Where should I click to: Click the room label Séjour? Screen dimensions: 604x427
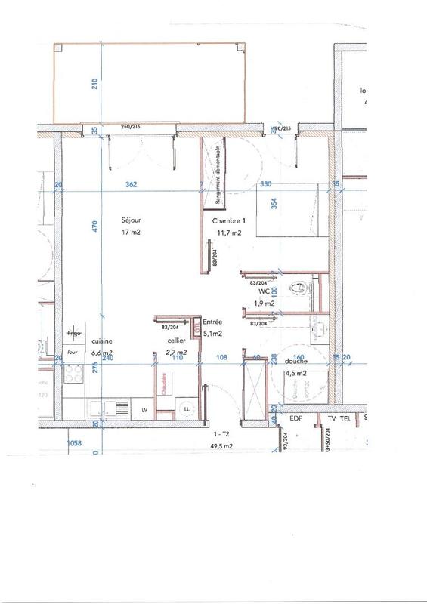[131, 220]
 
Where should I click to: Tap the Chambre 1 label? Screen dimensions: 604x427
[229, 220]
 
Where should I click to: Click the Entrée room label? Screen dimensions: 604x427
[212, 321]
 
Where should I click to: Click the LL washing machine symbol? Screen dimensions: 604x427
[185, 408]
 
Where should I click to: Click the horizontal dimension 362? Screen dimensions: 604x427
[133, 183]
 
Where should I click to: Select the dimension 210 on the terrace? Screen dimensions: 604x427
[95, 84]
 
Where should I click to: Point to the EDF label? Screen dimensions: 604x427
[295, 417]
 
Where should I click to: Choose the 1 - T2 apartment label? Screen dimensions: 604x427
[221, 436]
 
